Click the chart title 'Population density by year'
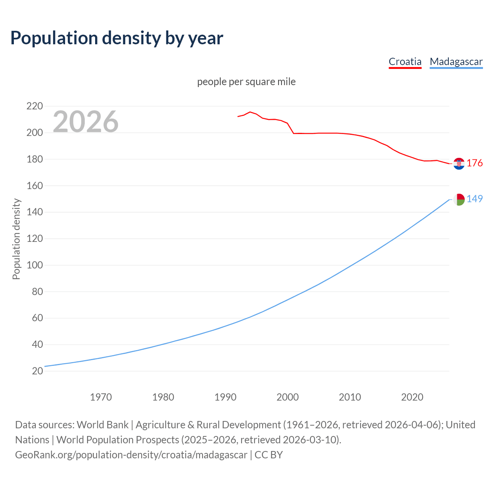[x=117, y=38]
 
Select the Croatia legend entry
[x=405, y=62]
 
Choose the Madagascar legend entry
[x=456, y=62]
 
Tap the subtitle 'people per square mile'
[x=246, y=82]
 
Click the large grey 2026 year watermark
[x=86, y=122]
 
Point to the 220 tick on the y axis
[x=34, y=106]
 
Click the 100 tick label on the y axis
[x=34, y=265]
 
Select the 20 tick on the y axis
[x=37, y=371]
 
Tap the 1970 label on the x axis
[x=101, y=397]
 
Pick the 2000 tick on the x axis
[x=288, y=397]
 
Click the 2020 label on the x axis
[x=412, y=397]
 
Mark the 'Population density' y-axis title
[x=16, y=239]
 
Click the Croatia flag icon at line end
[x=459, y=164]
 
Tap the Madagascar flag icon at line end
[x=459, y=199]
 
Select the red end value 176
[x=475, y=163]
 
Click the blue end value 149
[x=475, y=199]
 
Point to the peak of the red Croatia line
[x=250, y=112]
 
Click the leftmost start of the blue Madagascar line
[x=45, y=366]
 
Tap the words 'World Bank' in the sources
[x=102, y=425]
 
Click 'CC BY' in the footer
[x=268, y=455]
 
